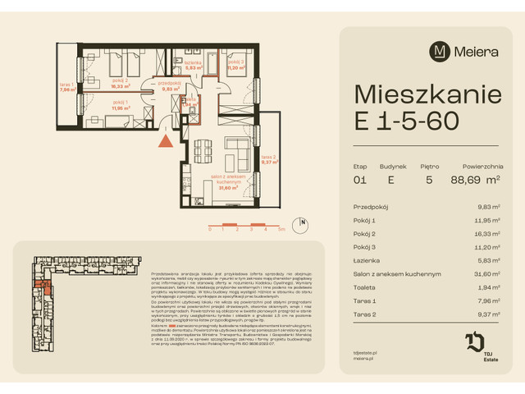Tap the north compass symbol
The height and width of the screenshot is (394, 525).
304,222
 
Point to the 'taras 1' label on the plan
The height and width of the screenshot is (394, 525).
67,88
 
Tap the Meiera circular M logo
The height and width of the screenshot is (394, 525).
440,51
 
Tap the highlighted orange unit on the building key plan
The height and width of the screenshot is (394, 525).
48,287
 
